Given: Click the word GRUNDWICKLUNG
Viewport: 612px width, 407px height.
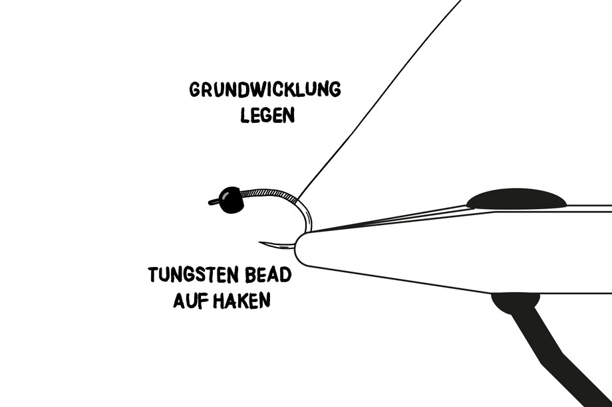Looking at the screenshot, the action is (x=265, y=89).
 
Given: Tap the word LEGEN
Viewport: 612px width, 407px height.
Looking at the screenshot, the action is (x=267, y=115).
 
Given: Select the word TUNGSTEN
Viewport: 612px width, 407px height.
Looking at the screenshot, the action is (x=194, y=275).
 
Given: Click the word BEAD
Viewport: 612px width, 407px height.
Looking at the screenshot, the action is (x=268, y=275).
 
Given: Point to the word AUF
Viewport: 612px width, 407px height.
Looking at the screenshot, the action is (x=190, y=300).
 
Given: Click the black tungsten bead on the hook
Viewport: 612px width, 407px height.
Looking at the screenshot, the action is (x=231, y=200).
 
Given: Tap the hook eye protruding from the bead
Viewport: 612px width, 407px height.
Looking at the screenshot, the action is (x=214, y=202).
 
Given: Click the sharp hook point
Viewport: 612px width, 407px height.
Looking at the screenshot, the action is (x=261, y=242).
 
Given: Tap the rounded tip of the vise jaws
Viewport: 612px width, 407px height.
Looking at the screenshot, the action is (x=299, y=248).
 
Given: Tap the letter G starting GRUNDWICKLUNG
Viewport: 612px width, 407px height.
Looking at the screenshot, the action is (x=195, y=90).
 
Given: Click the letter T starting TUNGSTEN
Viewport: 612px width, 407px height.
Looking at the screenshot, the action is (x=154, y=275).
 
